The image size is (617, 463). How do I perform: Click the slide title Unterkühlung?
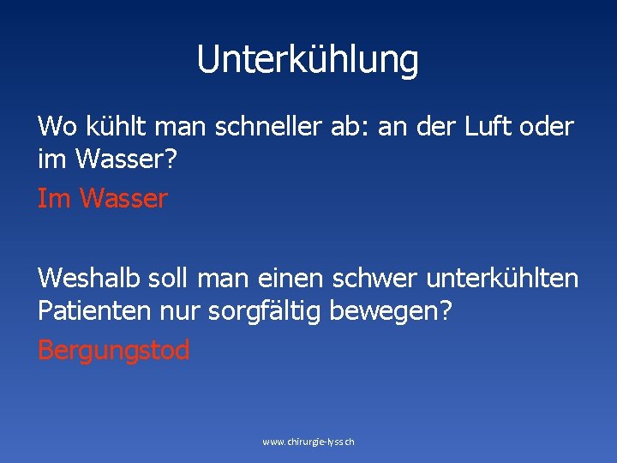coord(308,60)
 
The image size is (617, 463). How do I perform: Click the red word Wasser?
coord(124,199)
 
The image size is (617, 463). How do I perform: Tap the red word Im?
coord(54,199)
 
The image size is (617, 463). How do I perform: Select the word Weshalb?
coord(90,279)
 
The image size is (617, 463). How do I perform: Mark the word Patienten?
coord(95,310)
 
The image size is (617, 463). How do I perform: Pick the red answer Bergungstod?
coord(114,351)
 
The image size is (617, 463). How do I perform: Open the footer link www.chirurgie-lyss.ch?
coord(308,442)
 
